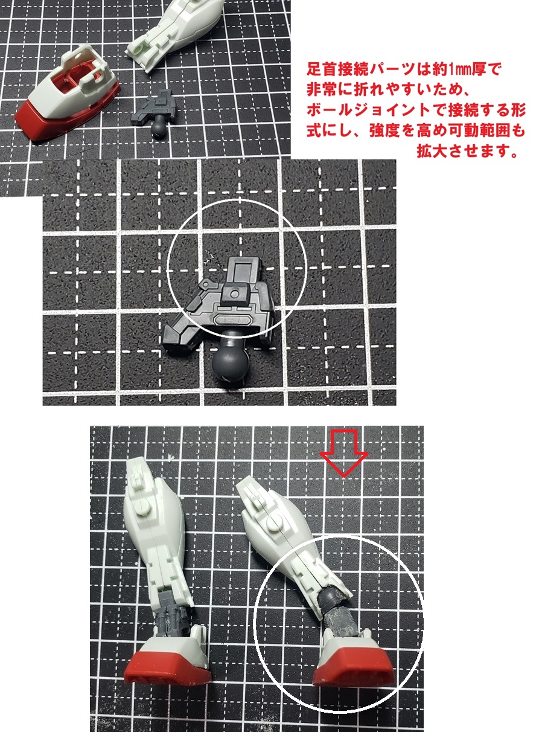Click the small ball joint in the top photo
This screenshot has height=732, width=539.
coord(159,127)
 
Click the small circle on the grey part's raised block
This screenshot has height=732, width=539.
coord(234,294)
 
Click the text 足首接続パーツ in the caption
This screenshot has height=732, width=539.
coord(357,69)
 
